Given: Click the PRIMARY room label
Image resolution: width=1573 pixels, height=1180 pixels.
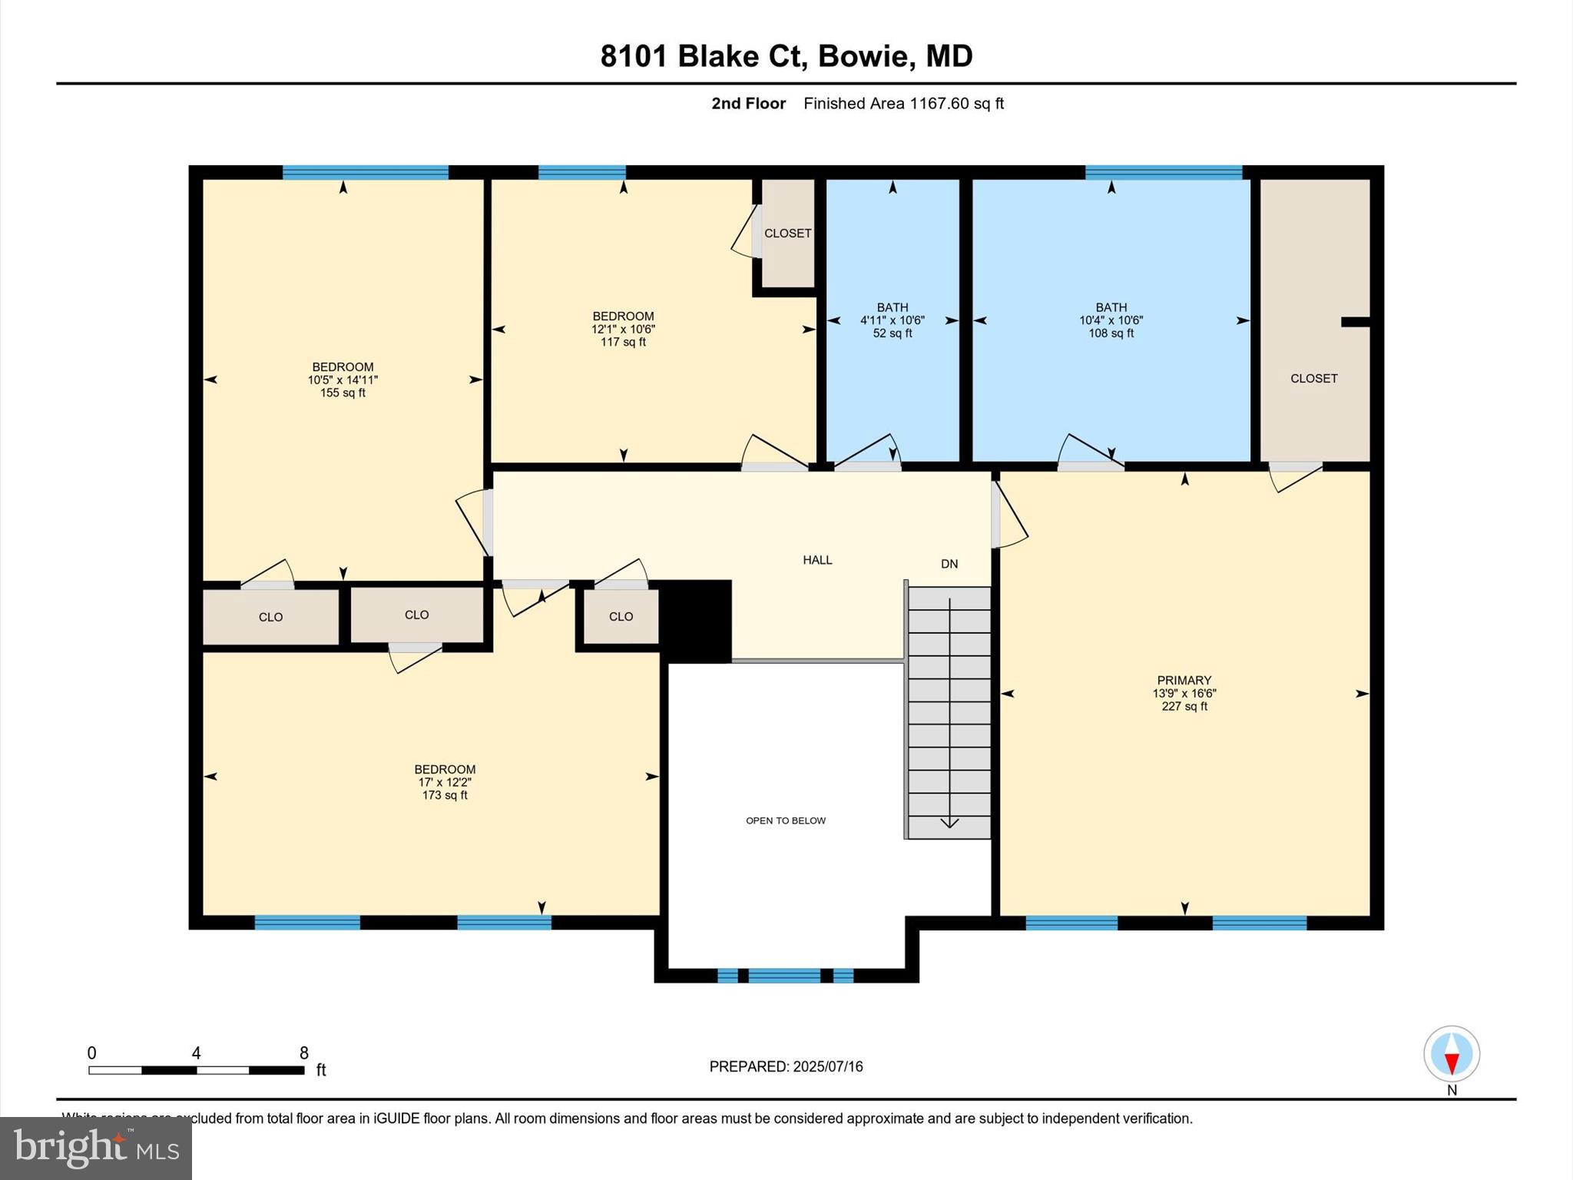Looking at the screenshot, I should tap(1184, 680).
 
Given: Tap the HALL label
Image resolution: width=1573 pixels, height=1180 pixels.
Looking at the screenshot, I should tap(817, 560).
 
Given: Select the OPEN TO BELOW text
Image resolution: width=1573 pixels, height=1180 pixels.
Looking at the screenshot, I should tap(786, 820).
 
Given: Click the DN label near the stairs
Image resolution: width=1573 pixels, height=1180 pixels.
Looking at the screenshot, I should tap(949, 564).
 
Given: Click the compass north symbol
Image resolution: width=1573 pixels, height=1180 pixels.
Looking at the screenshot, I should tap(1451, 1054).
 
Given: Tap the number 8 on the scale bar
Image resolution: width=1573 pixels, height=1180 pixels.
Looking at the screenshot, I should tap(304, 1053).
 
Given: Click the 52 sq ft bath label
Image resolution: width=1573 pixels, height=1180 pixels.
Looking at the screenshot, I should tap(892, 333).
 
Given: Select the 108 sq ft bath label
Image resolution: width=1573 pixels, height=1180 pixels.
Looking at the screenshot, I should tap(1111, 333).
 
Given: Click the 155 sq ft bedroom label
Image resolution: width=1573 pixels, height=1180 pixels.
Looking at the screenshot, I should tap(343, 393).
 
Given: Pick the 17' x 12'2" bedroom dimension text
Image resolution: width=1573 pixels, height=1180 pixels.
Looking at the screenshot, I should tap(445, 782).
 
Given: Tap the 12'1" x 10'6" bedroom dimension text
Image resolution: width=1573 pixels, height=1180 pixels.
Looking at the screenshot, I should tap(623, 329).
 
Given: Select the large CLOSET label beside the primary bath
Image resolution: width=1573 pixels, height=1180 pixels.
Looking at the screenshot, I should tap(1313, 378).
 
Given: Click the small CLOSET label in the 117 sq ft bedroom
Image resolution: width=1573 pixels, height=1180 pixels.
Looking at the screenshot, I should tap(787, 233).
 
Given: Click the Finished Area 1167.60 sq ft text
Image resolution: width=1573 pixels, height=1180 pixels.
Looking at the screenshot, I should tap(903, 104).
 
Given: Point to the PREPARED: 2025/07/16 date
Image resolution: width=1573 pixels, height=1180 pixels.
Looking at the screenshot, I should tap(786, 1066).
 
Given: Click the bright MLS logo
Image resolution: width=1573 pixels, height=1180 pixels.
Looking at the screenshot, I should tap(96, 1148).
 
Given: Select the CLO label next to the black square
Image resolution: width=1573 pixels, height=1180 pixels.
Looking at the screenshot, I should tap(621, 616).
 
